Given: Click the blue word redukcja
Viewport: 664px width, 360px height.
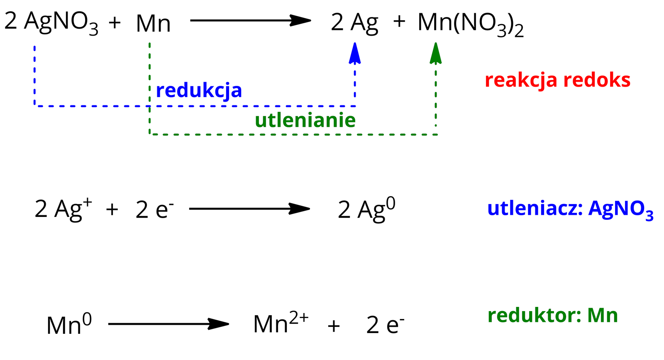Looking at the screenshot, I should (x=199, y=90).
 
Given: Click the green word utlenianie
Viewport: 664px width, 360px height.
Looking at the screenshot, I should (x=305, y=120).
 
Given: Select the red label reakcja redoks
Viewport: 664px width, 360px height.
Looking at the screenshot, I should (x=557, y=80).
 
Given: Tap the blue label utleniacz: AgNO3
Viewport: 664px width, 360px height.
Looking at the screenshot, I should (x=570, y=209).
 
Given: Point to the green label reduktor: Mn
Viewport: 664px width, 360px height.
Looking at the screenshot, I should (x=552, y=316).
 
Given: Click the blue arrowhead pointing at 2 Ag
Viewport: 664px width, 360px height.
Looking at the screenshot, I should (x=354, y=54).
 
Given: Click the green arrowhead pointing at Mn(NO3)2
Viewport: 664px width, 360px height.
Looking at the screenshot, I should (x=435, y=54).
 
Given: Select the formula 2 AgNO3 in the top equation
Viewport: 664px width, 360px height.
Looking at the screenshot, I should (x=51, y=23).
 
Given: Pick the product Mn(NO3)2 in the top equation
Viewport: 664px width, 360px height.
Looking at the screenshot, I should (x=471, y=24).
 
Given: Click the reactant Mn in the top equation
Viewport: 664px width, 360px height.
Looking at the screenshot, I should (x=153, y=24).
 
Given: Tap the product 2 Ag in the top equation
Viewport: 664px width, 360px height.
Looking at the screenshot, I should (x=354, y=23).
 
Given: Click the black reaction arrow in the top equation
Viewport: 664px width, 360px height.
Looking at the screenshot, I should (x=250, y=20).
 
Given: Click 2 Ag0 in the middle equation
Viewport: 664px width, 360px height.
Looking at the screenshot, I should (x=366, y=209).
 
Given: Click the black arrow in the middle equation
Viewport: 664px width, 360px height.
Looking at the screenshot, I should (x=249, y=208).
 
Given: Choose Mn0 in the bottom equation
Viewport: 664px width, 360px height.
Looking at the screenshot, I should (x=69, y=325).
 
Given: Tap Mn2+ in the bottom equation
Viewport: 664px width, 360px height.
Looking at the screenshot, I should (x=281, y=324).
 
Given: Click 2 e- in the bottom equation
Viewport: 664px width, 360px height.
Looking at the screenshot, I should (x=385, y=325).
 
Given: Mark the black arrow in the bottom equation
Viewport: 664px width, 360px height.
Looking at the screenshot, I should (x=168, y=324).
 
